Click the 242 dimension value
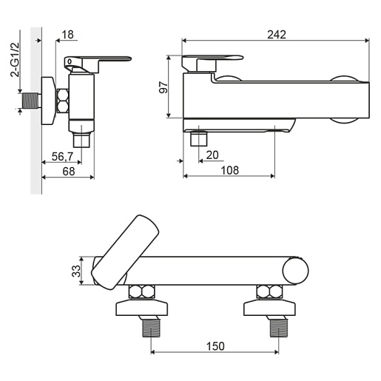point(277,35)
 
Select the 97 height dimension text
point(163,87)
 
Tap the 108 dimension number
point(230,170)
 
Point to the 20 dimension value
point(212,155)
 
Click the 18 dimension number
point(67,35)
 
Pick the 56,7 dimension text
point(62,156)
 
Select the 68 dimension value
point(69,172)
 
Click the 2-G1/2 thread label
point(15,60)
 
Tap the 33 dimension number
point(76,271)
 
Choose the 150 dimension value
point(215,346)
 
